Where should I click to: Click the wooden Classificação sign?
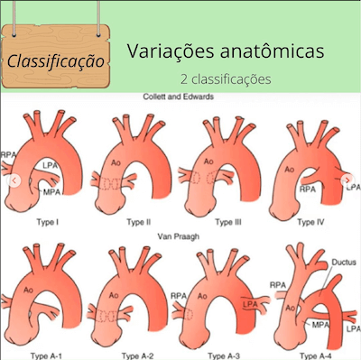click(55, 60)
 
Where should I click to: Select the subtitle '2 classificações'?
click(225, 78)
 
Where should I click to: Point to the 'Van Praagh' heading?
click(180, 235)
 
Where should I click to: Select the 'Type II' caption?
click(137, 221)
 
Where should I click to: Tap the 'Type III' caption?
click(228, 221)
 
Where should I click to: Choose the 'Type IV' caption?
click(310, 221)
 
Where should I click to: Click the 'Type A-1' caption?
click(48, 355)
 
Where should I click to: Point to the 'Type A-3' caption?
click(226, 355)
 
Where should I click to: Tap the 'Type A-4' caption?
click(311, 355)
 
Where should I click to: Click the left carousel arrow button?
click(12, 180)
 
